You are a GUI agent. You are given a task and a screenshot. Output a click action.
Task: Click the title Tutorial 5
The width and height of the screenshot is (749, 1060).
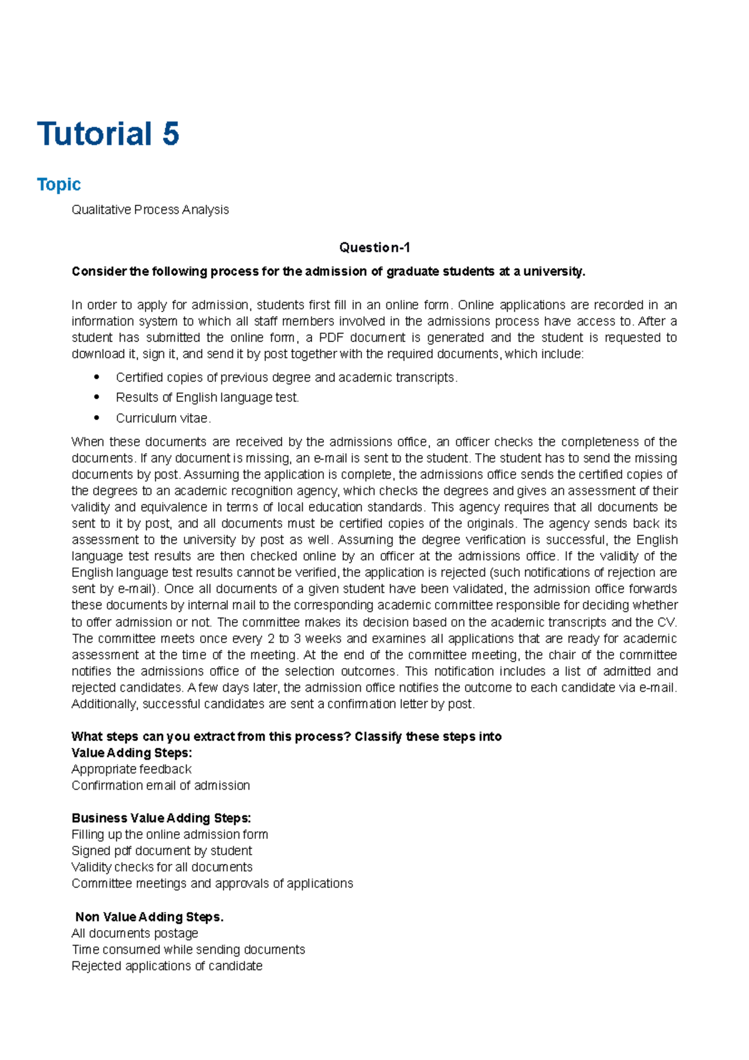(109, 134)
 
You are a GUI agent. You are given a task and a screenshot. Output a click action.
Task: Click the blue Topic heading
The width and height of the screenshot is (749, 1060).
(59, 184)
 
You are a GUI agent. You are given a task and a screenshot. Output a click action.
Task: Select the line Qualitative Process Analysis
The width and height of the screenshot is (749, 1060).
(150, 210)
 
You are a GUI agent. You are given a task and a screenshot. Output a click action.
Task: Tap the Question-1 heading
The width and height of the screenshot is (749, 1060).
(374, 248)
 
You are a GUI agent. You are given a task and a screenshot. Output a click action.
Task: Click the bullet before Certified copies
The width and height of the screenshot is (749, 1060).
(96, 377)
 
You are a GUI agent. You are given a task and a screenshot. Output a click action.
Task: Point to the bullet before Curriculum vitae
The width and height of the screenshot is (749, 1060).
(96, 418)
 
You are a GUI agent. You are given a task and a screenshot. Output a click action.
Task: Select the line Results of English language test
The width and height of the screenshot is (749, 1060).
(207, 398)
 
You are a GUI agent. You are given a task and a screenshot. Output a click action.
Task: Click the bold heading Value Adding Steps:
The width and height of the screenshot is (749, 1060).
(132, 753)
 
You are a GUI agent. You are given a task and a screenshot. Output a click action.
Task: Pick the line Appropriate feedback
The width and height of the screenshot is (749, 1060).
(131, 769)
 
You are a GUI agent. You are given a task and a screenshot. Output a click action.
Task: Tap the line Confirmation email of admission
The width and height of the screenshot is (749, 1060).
(160, 785)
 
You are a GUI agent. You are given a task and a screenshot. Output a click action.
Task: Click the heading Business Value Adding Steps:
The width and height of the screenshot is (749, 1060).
(161, 818)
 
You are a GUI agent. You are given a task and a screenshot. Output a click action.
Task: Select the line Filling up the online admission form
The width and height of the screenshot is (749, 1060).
(170, 835)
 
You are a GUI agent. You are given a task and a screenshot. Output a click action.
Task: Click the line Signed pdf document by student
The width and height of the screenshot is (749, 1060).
(162, 851)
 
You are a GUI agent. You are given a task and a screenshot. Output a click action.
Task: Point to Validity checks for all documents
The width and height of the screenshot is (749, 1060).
(162, 867)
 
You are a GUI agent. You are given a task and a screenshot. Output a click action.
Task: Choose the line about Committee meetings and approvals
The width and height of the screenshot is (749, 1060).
(212, 883)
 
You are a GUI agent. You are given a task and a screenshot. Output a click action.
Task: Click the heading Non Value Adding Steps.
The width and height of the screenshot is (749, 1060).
(149, 916)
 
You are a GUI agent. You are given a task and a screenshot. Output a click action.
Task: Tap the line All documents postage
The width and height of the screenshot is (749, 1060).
(135, 933)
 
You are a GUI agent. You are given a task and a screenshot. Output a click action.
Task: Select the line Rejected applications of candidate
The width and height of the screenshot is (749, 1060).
(167, 966)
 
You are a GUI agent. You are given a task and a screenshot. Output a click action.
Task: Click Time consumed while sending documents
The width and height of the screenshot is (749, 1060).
(188, 950)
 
